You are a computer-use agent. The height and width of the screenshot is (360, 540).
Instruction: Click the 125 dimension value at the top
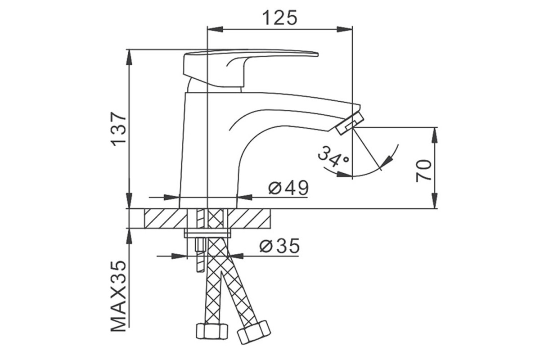click(x=279, y=18)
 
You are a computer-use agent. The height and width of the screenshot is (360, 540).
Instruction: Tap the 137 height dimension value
click(x=119, y=129)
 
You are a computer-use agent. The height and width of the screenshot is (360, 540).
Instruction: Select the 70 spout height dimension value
click(x=423, y=171)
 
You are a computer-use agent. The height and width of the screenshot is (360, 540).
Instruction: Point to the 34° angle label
click(x=333, y=157)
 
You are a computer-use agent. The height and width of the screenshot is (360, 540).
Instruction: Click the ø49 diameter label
click(x=288, y=188)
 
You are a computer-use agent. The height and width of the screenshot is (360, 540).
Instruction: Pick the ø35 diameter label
click(x=279, y=246)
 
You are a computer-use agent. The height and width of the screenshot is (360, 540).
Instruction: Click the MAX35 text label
click(x=119, y=297)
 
